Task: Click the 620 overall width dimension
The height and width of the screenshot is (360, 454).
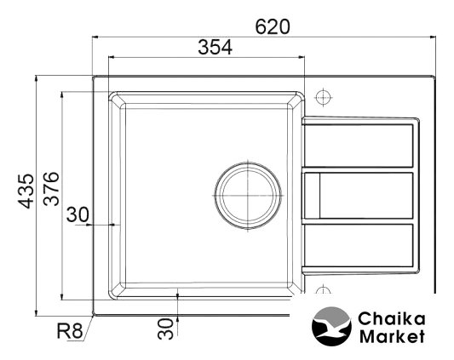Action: [273, 26]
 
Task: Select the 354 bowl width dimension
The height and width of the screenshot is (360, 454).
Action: [215, 47]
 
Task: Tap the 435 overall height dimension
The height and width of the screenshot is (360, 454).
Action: [26, 191]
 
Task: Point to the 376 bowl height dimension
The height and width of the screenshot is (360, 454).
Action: [51, 188]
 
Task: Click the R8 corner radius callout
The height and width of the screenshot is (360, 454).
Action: [70, 330]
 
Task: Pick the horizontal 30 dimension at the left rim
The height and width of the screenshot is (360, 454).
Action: [78, 214]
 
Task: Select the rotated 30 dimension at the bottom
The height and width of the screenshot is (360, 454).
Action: [165, 329]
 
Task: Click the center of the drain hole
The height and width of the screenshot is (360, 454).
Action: [248, 196]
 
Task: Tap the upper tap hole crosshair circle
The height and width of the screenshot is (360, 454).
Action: [323, 97]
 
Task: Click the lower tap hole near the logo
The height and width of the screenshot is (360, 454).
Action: [323, 290]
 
